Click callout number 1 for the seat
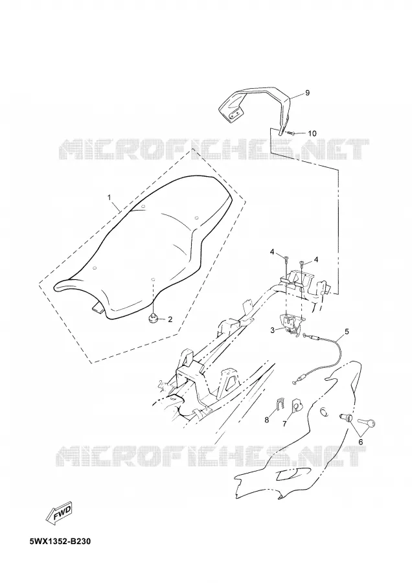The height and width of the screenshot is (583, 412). (109, 198)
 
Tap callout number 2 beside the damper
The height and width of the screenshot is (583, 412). (170, 319)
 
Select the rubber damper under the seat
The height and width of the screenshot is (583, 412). (154, 318)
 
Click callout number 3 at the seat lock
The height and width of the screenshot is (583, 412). (273, 330)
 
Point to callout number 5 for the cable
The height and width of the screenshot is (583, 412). (347, 331)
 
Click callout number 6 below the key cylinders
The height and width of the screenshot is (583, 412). (360, 441)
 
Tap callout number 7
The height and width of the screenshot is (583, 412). (284, 424)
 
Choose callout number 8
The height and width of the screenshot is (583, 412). (267, 420)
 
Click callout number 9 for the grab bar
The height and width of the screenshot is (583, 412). (307, 93)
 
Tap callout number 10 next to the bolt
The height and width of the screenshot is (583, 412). (312, 133)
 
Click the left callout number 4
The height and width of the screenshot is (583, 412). (272, 253)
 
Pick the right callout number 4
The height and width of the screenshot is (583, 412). (316, 260)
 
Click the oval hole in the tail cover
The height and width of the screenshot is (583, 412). (325, 411)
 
